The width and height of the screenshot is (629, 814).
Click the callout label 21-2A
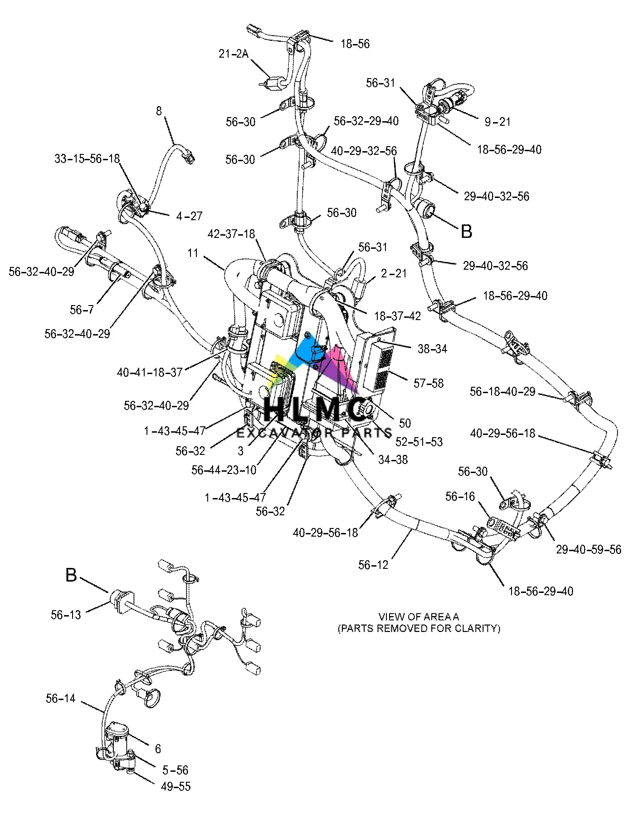click(x=233, y=54)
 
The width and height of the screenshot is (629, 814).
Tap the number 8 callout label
click(x=159, y=111)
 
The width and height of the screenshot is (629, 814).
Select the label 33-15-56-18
click(x=87, y=159)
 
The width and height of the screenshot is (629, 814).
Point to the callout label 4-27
click(x=189, y=216)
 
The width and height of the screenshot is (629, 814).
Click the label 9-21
click(x=497, y=122)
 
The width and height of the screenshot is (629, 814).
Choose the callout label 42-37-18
click(x=231, y=234)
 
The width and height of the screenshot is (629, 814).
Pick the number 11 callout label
click(x=193, y=252)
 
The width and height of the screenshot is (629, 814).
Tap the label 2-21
click(x=394, y=273)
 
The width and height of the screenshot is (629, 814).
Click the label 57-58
click(x=428, y=383)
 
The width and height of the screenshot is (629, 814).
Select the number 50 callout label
click(x=405, y=423)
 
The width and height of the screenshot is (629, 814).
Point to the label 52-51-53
click(x=419, y=442)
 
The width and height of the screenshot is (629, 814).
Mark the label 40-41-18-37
click(x=150, y=373)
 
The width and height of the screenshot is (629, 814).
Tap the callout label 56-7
click(x=82, y=310)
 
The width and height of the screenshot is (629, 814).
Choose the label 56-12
click(x=373, y=565)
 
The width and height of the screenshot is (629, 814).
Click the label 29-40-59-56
click(x=588, y=550)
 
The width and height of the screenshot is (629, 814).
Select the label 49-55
click(x=176, y=786)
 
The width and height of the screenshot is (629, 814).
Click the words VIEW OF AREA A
click(x=419, y=617)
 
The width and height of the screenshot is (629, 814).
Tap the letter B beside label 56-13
click(x=71, y=575)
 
